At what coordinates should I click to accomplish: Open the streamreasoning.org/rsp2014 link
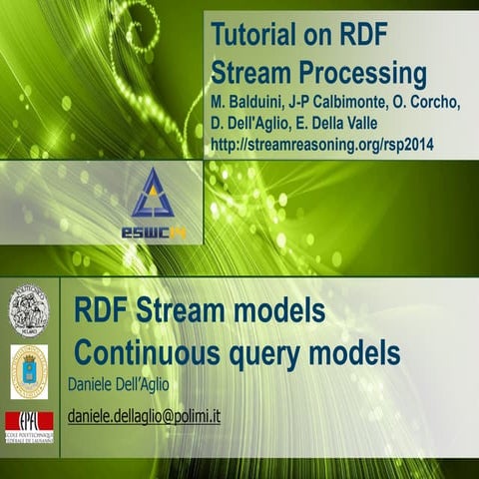pyautogui.click(x=323, y=146)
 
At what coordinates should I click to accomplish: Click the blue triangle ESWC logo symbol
pyautogui.click(x=152, y=196)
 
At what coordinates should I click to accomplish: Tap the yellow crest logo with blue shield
pyautogui.click(x=28, y=371)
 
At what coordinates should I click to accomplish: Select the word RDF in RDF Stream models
pyautogui.click(x=101, y=311)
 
